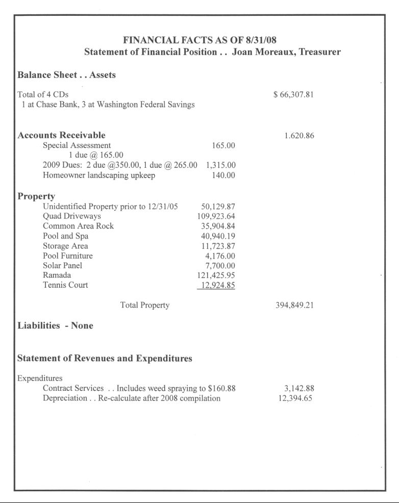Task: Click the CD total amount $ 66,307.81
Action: pos(293,95)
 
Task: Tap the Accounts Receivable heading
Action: pos(62,135)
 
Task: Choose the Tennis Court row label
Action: pos(65,285)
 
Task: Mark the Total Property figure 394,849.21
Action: pos(293,306)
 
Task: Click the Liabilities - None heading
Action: pos(56,326)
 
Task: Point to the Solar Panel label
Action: pos(62,266)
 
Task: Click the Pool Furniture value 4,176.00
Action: pos(220,256)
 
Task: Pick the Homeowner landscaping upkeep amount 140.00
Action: pos(223,176)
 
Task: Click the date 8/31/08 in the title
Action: pos(260,40)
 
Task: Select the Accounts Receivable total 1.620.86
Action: pos(299,136)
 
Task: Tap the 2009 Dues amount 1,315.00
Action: pos(220,165)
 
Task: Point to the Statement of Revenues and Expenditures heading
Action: pos(105,359)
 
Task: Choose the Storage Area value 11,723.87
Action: pos(218,246)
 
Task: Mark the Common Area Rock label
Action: pos(78,226)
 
